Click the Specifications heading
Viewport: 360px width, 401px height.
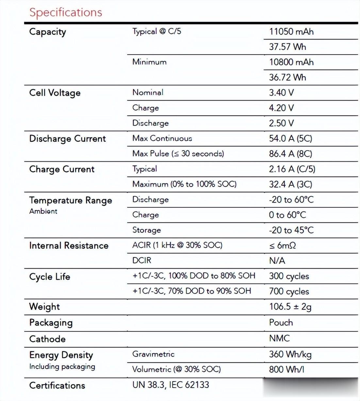[66, 12]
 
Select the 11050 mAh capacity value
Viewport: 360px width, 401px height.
[291, 32]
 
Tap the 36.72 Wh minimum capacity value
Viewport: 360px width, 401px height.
[287, 77]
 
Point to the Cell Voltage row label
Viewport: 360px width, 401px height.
[55, 93]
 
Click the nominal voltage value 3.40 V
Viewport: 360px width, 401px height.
[281, 93]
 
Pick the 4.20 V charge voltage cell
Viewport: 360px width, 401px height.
[281, 108]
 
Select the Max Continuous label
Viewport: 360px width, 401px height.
[162, 138]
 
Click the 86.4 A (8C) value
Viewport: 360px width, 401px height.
[290, 154]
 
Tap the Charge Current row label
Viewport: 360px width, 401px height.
[62, 169]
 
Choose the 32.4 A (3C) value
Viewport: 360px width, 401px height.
[290, 184]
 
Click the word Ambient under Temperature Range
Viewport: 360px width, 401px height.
[43, 211]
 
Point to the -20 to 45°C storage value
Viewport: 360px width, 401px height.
[291, 230]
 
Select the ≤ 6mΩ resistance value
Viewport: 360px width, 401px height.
[283, 246]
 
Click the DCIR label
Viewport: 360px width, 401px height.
[142, 261]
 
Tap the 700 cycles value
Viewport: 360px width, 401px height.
[289, 291]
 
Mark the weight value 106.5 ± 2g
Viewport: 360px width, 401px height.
[290, 307]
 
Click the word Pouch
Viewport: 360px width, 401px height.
[281, 323]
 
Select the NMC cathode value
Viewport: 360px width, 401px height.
[279, 338]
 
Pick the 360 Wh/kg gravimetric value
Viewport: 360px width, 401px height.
[290, 354]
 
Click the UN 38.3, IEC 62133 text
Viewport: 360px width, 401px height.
[171, 385]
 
